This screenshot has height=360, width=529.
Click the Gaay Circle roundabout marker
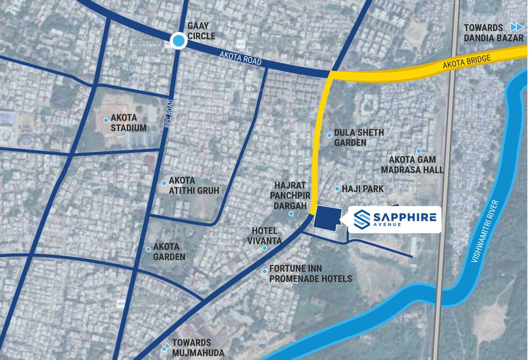tap(178, 41)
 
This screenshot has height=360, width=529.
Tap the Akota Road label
tap(240, 59)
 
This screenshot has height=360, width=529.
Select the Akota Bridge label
tap(467, 63)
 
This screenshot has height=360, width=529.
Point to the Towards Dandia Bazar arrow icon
tap(516, 27)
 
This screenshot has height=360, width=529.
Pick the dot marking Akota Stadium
tap(106, 120)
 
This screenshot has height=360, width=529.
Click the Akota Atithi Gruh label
tap(194, 186)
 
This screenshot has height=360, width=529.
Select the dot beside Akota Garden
tap(148, 249)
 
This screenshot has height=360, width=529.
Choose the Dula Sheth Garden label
tap(359, 137)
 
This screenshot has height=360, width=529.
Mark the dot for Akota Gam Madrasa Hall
tap(419, 151)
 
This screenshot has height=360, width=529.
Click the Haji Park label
tap(363, 189)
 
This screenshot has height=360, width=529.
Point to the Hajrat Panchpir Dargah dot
tap(291, 214)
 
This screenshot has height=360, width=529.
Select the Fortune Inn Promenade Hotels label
tap(310, 274)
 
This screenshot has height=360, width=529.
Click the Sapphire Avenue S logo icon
tap(362, 218)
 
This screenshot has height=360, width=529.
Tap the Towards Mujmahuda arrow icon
tap(165, 347)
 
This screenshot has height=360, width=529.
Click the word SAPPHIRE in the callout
tap(404, 217)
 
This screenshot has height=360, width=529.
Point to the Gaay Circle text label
tap(201, 31)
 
